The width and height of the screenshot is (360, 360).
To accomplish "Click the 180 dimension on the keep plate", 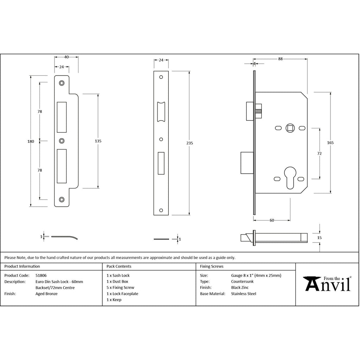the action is pyautogui.click(x=31, y=141).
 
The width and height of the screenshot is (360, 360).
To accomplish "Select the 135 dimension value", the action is pyautogui.click(x=98, y=141).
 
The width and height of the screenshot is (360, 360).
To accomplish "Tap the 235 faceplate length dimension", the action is pyautogui.click(x=189, y=143).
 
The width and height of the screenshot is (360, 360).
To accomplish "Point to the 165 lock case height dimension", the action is pyautogui.click(x=330, y=143).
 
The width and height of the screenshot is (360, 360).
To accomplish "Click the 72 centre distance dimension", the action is pyautogui.click(x=319, y=153).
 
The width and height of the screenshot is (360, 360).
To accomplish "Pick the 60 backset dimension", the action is pyautogui.click(x=272, y=220).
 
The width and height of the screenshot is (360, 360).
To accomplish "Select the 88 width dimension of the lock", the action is pyautogui.click(x=280, y=59).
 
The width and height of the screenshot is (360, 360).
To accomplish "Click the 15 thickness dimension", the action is pyautogui.click(x=319, y=238).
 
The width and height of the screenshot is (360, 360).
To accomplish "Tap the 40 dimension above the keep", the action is pyautogui.click(x=66, y=57).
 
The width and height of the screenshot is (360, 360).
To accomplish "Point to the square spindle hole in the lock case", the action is pyautogui.click(x=290, y=128).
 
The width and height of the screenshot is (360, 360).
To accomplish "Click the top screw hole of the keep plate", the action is pyautogui.click(x=62, y=83).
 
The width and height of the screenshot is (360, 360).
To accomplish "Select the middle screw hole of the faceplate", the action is pyautogui.click(x=161, y=139).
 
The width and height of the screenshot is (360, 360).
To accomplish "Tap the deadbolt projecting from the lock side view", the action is pyautogui.click(x=247, y=163).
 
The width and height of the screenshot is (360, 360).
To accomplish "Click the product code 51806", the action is pyautogui.click(x=41, y=275).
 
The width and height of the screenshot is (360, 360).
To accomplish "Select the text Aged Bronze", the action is pyautogui.click(x=47, y=294).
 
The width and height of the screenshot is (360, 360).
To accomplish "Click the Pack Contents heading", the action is pyautogui.click(x=119, y=266).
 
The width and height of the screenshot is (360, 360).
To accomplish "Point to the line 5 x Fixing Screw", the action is pyautogui.click(x=120, y=288).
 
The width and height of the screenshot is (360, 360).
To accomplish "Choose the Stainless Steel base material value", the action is pyautogui.click(x=244, y=294).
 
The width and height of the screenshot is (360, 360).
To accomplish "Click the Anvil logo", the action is pyautogui.click(x=327, y=284).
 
